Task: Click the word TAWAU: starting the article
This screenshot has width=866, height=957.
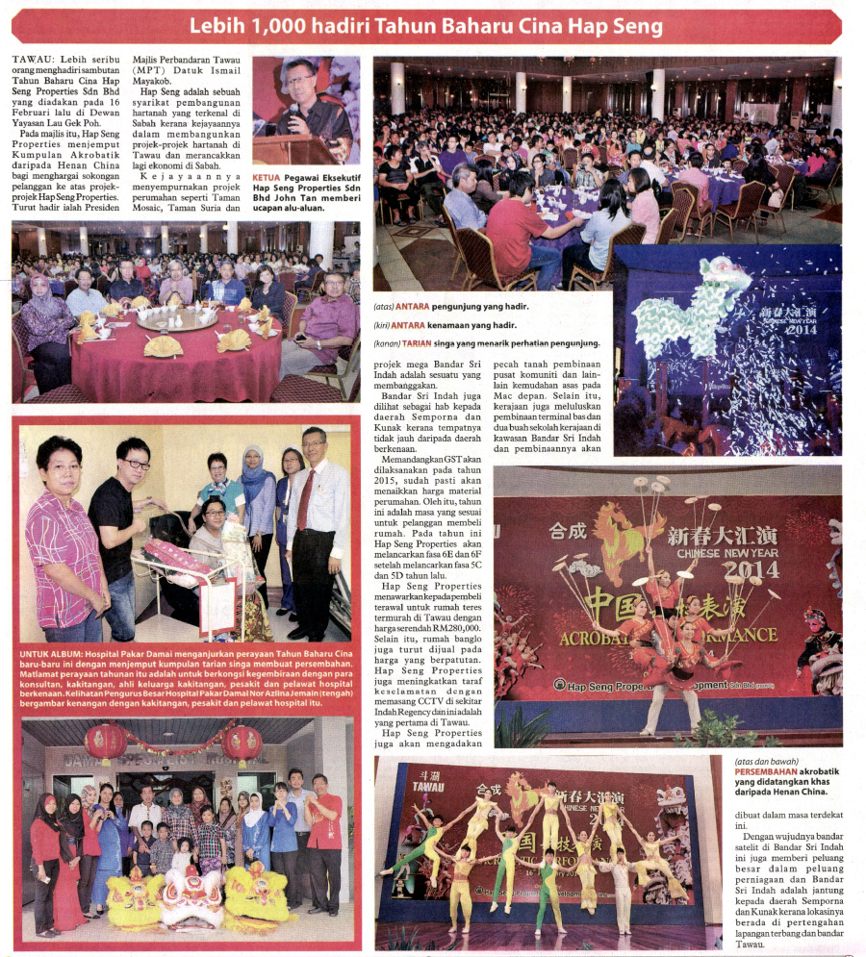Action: click(34, 62)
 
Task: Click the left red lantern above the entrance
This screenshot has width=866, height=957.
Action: click(106, 743)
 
